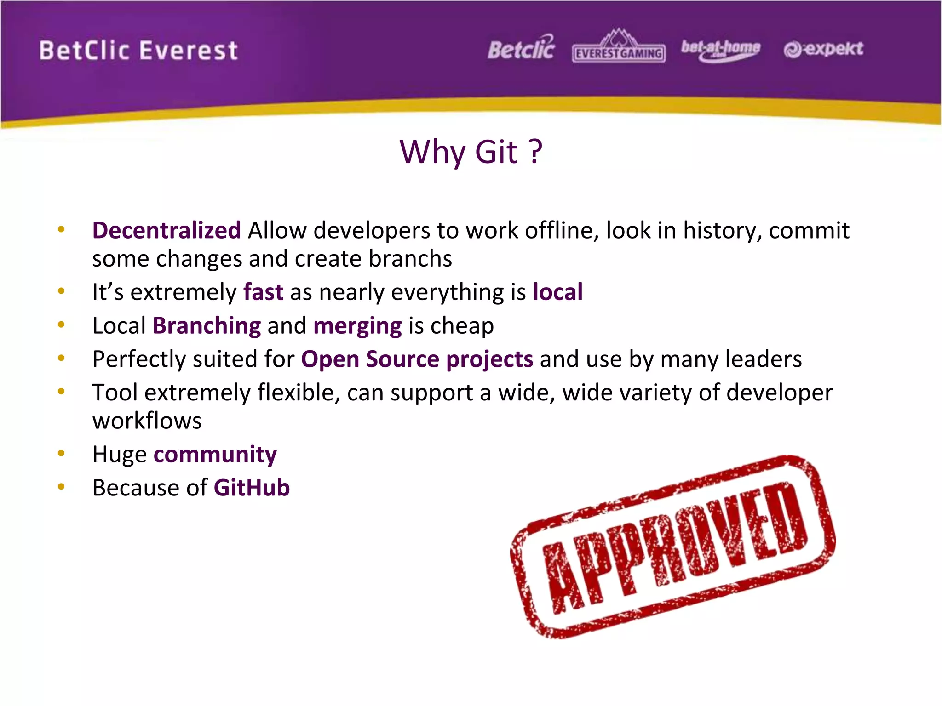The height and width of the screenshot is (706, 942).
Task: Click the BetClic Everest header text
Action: click(x=138, y=51)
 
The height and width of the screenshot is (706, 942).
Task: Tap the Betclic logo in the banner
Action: click(x=521, y=48)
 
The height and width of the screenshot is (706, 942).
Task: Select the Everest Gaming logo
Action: click(x=619, y=48)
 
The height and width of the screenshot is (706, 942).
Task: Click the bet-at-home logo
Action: click(x=720, y=49)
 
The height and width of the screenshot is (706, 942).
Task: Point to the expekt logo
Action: click(x=823, y=49)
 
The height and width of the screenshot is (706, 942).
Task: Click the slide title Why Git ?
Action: click(x=471, y=152)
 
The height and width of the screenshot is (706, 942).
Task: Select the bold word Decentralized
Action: click(x=167, y=230)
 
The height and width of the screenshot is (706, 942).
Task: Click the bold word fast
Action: click(x=263, y=292)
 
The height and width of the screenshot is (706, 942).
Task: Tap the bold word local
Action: click(x=557, y=292)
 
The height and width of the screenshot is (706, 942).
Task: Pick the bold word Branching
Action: click(x=207, y=326)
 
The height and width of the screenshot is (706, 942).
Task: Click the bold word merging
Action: click(x=357, y=326)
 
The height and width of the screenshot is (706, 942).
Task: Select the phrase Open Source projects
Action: click(x=417, y=359)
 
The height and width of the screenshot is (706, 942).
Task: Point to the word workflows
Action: click(x=147, y=421)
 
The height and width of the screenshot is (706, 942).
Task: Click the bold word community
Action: click(x=215, y=455)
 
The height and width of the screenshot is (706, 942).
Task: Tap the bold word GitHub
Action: click(x=252, y=488)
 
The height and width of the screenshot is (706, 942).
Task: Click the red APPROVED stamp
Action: click(x=672, y=547)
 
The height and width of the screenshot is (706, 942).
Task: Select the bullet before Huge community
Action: click(x=61, y=454)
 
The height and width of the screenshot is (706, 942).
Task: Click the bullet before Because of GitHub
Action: click(x=61, y=487)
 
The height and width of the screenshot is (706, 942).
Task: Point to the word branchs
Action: click(x=410, y=259)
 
